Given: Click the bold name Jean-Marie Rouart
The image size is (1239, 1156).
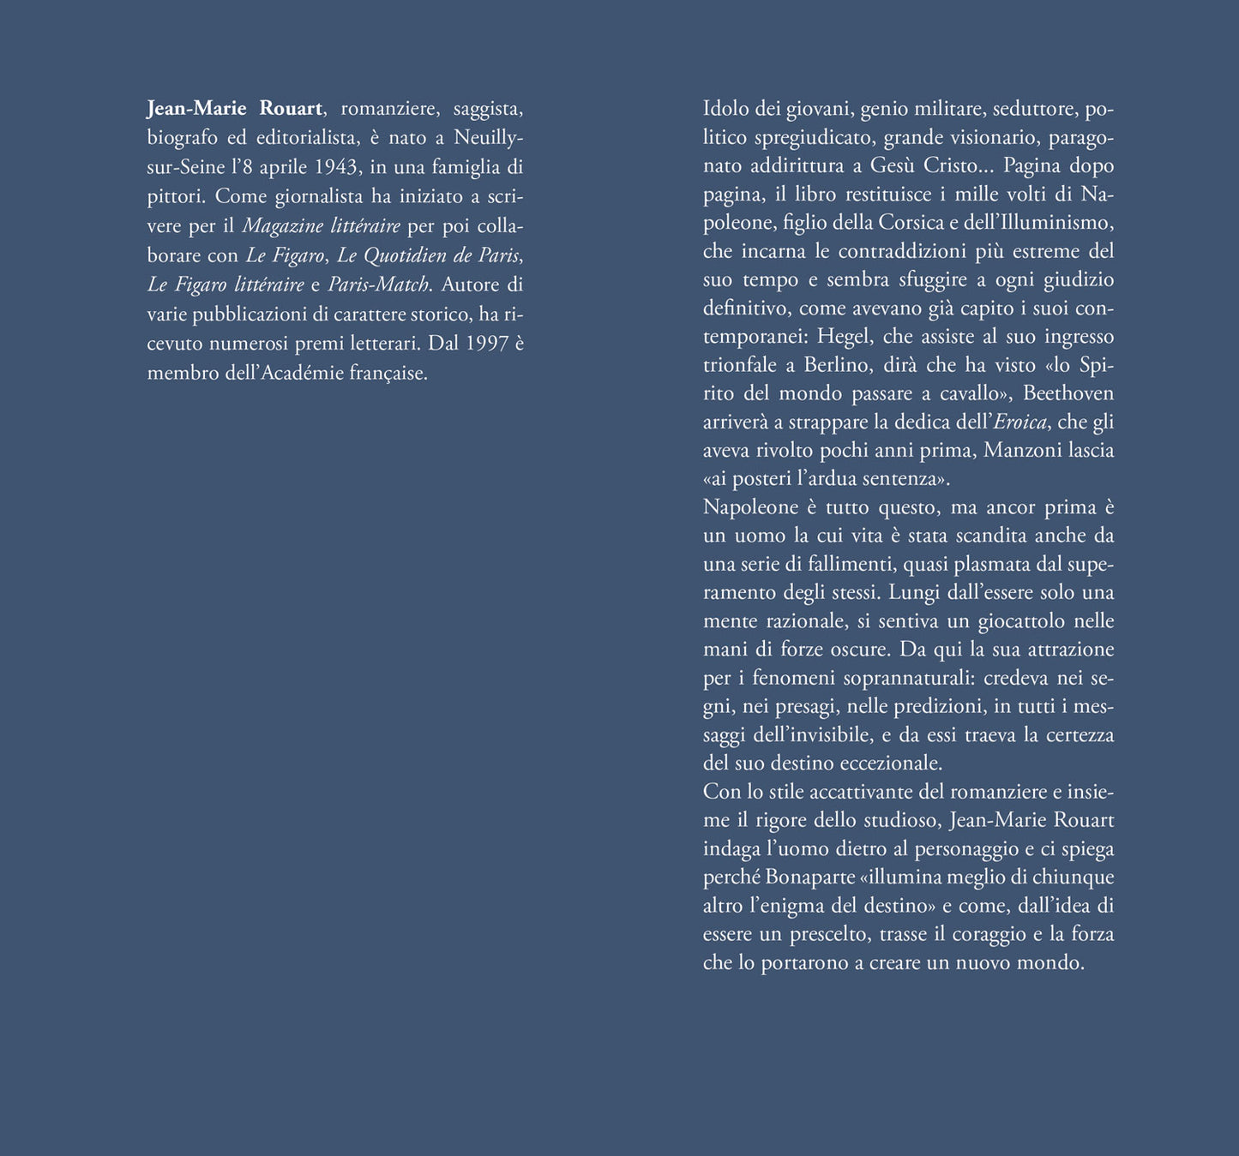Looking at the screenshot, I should point(235,109).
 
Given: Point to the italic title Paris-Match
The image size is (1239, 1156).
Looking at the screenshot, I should point(377,285).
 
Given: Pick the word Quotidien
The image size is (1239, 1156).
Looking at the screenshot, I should point(406,255).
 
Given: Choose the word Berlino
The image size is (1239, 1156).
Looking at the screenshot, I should point(836,365).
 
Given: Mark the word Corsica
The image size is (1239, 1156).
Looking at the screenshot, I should point(911,223).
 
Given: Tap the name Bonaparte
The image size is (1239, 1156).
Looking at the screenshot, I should point(817,877).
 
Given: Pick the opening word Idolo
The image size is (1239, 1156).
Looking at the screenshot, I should point(725,109).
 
